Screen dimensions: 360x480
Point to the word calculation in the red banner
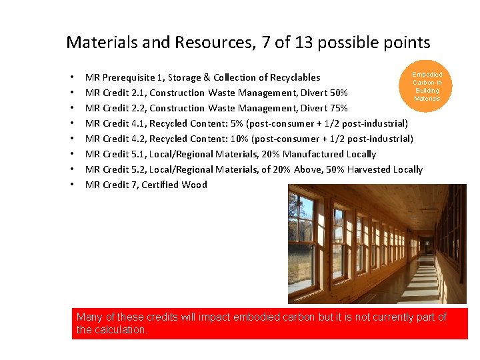point(119,330)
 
